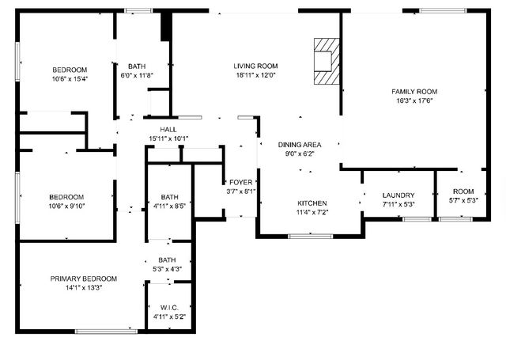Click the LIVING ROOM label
(255, 66)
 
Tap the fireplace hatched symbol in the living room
(324, 59)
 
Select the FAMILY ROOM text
(415, 92)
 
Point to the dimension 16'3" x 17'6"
(415, 101)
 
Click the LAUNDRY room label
(398, 195)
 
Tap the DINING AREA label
(300, 145)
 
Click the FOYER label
(240, 181)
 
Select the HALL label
(168, 130)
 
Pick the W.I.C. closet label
(168, 308)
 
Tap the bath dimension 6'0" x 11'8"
(136, 75)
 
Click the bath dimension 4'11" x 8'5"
(169, 207)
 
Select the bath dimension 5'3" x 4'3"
(167, 269)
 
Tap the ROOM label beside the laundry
(463, 191)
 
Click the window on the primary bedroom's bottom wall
(100, 331)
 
